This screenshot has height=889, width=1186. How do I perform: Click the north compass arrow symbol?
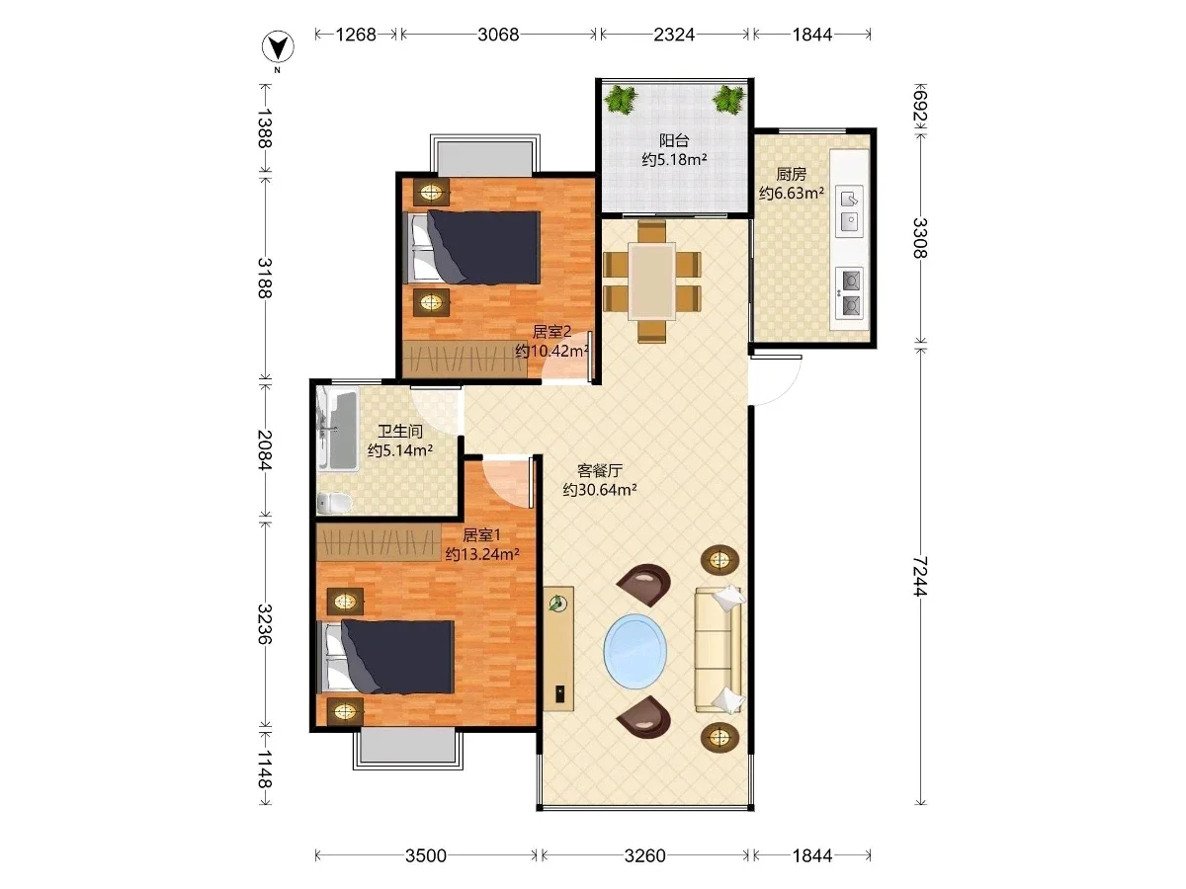pyautogui.click(x=278, y=47)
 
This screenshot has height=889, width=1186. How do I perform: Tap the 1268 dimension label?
pyautogui.click(x=356, y=35)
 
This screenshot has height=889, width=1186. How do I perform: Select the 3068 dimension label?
pyautogui.click(x=498, y=35)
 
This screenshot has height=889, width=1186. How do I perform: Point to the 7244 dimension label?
pyautogui.click(x=920, y=576)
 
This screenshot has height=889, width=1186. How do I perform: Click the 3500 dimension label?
pyautogui.click(x=426, y=855)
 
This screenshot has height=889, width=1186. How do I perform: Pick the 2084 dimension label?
pyautogui.click(x=264, y=450)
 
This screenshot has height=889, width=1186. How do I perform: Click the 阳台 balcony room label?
pyautogui.click(x=674, y=141)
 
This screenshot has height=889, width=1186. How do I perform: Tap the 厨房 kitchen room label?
pyautogui.click(x=791, y=175)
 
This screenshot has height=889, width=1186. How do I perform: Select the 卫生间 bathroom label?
pyautogui.click(x=400, y=431)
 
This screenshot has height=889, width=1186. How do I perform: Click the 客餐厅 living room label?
pyautogui.click(x=600, y=470)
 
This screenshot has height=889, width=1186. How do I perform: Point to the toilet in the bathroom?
pyautogui.click(x=334, y=503)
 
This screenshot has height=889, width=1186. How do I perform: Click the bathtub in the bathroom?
pyautogui.click(x=338, y=429)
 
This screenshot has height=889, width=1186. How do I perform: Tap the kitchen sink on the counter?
pyautogui.click(x=849, y=211)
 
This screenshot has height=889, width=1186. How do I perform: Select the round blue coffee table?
pyautogui.click(x=635, y=650)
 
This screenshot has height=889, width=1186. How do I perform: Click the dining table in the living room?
pyautogui.click(x=651, y=281)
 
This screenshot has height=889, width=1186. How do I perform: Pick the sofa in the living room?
pyautogui.click(x=720, y=649)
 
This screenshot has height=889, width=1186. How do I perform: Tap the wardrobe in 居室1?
pyautogui.click(x=379, y=542)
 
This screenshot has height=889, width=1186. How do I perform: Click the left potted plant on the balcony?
pyautogui.click(x=622, y=100)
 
